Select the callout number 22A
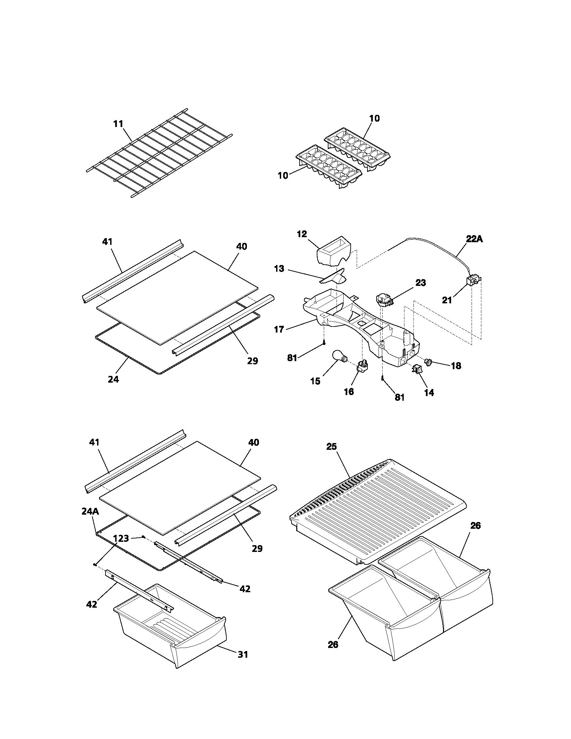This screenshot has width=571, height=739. point(474,239)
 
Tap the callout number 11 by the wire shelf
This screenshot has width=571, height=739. point(118,124)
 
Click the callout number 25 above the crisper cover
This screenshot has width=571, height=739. point(331,447)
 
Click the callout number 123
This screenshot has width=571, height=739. point(121,538)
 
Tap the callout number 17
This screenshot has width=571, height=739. point(279,329)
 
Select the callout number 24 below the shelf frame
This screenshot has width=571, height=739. point(113,380)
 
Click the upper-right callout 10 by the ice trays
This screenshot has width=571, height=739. point(374,119)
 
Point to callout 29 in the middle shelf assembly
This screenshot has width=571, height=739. point(252,361)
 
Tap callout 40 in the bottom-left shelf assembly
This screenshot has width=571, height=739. point(253,442)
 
